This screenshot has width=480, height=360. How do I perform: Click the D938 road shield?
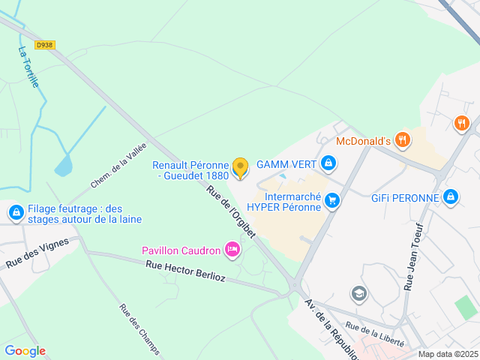[x=45, y=45]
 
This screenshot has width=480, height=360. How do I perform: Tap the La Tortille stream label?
[x=28, y=67]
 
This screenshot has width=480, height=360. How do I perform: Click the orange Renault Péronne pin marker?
[x=240, y=167]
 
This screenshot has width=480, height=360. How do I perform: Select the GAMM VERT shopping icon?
[x=328, y=163]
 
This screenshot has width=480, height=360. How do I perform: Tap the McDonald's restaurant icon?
[x=403, y=139]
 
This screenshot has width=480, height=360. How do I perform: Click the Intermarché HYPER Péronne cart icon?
[x=332, y=200]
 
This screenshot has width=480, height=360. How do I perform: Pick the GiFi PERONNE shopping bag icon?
[x=450, y=197]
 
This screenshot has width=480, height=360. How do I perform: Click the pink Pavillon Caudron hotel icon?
[x=232, y=249]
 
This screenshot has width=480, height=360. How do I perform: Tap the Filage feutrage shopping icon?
[x=16, y=213]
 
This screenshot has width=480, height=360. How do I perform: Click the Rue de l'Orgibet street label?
[x=231, y=211]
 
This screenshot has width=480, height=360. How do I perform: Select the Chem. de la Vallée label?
[x=118, y=166]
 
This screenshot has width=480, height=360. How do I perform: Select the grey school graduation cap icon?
[x=359, y=293]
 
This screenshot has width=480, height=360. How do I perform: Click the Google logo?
[x=25, y=351]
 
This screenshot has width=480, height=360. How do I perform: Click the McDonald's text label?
[x=363, y=141]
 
